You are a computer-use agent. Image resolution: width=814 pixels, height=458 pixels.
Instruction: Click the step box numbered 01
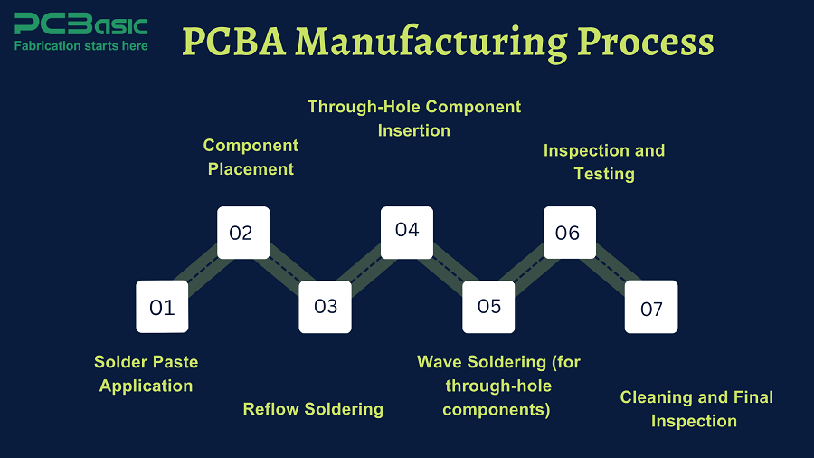[x=162, y=307]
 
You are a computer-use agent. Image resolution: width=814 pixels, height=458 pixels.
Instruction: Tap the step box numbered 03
[x=326, y=306]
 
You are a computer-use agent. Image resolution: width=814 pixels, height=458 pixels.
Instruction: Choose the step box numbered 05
[x=488, y=306]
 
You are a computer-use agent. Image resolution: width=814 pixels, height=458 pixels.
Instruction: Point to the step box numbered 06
[x=569, y=233]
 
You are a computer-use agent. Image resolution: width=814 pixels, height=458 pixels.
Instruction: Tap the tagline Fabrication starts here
[x=80, y=45]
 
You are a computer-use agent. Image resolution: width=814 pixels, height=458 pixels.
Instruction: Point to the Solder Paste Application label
[x=146, y=374]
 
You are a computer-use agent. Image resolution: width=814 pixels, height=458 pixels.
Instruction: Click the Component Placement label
[x=251, y=157]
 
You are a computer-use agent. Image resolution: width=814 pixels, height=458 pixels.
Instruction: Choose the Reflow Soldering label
[x=313, y=409]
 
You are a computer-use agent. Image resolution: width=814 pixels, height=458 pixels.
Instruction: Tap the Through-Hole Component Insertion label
[x=414, y=119]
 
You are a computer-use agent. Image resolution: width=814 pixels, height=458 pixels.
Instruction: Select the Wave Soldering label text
[x=498, y=386]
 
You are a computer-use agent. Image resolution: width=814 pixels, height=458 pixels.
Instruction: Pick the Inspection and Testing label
[x=603, y=161]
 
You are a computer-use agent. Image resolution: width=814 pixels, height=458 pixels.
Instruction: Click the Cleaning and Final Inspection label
[x=696, y=409]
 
